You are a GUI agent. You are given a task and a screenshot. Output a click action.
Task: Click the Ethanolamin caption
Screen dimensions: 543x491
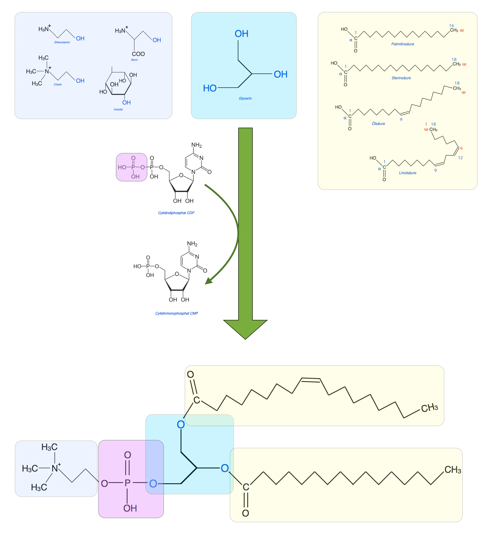pos(62,42)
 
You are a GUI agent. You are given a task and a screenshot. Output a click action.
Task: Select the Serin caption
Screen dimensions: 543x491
pos(134,60)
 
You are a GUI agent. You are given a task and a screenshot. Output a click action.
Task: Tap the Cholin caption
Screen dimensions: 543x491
pos(58,84)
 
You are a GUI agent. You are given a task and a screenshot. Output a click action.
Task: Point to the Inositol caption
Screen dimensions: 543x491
pos(118,110)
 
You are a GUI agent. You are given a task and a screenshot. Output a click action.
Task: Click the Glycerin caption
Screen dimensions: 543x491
pos(245,98)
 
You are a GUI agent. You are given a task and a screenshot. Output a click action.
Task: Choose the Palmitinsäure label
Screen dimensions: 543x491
pos(402,44)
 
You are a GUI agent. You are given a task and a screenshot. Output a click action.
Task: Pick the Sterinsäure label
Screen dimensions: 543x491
pos(401,78)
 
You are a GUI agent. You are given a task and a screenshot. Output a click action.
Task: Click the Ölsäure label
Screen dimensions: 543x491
pos(378,124)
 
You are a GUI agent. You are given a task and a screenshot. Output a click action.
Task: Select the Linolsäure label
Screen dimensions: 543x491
pos(407,173)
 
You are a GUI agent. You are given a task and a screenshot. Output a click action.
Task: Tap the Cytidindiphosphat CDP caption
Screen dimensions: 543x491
pos(176,213)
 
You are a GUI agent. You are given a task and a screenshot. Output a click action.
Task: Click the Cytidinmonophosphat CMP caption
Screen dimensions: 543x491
pos(176,313)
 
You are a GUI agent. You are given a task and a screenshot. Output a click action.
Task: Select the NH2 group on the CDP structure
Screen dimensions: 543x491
pos(197,145)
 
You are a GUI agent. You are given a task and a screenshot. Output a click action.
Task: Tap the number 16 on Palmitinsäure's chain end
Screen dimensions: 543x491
pos(451,26)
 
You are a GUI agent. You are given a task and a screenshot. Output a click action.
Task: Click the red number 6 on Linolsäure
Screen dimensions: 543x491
pos(461,148)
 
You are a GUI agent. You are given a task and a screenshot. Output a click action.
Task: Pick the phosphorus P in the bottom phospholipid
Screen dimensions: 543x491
pos(127,483)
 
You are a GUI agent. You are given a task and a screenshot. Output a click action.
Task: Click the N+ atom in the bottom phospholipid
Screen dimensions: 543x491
pos(55,468)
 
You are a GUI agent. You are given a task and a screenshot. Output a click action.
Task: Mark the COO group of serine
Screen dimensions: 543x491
pos(138,54)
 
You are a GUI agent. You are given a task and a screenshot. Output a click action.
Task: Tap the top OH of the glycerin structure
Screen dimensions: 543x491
pos(241,34)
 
